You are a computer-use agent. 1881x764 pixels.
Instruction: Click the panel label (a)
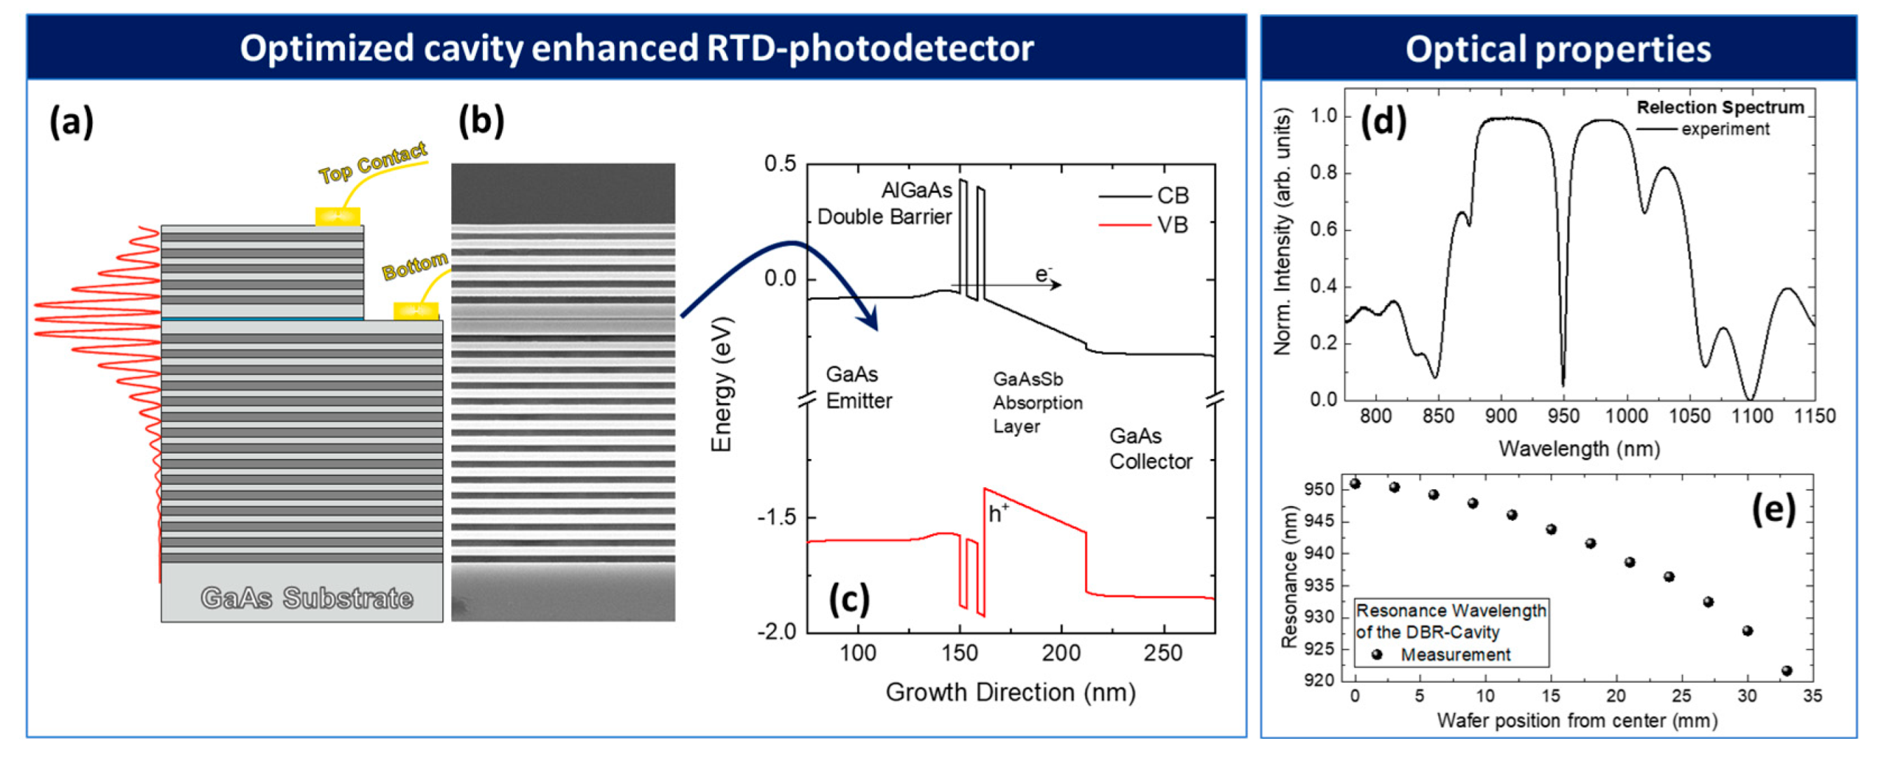(x=71, y=121)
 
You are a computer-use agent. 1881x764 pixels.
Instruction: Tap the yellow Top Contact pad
(x=337, y=217)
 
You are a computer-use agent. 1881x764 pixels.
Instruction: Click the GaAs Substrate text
(x=307, y=598)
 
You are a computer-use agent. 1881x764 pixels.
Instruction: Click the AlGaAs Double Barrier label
(x=885, y=204)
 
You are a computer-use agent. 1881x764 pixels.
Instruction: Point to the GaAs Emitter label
(x=859, y=388)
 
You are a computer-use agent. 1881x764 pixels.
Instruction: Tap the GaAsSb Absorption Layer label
(x=1037, y=402)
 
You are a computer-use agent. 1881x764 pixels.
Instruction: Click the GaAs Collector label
(x=1150, y=449)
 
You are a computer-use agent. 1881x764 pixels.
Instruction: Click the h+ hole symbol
(x=997, y=514)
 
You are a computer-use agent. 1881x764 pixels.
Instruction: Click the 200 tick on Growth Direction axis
(x=1061, y=653)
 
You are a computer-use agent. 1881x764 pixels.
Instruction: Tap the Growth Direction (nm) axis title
(x=1011, y=693)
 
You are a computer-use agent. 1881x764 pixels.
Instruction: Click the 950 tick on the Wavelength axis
(x=1564, y=416)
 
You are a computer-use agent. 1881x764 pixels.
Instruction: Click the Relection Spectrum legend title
(x=1720, y=107)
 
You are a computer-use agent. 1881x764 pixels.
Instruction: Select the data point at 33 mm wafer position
(x=1787, y=671)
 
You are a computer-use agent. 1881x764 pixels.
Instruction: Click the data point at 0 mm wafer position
(x=1355, y=484)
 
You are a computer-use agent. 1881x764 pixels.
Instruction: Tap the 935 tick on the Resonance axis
(x=1319, y=586)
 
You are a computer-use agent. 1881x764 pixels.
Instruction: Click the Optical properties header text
(x=1557, y=50)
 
